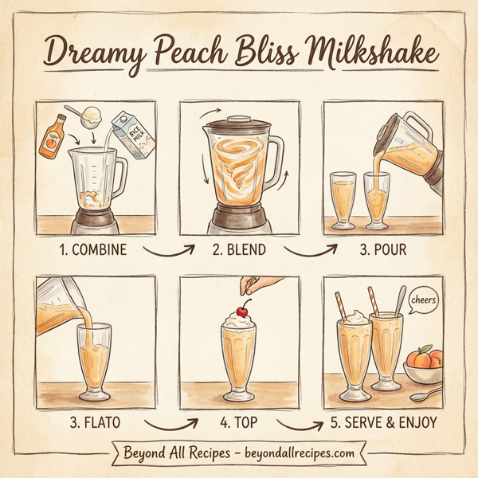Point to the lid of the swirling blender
coord(239,122)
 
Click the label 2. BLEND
coord(239,250)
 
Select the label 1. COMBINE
coord(93,250)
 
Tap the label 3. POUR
coord(382,250)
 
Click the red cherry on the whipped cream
coord(240,308)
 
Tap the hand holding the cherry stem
coord(253,283)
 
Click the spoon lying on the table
coord(429,394)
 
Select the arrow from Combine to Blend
coord(170,253)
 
